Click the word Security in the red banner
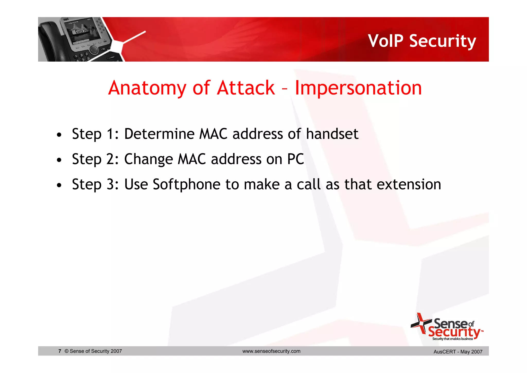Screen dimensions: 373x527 coord(442,41)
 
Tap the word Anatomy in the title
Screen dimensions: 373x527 coord(147,88)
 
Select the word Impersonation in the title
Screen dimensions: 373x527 coord(358,88)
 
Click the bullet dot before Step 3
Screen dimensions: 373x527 coord(59,185)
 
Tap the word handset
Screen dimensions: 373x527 coord(332,134)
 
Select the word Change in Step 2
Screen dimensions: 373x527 coord(148,159)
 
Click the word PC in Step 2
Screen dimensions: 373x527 coord(295,159)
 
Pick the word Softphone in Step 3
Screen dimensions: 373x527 coord(187,184)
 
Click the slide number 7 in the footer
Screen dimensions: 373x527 coord(60,351)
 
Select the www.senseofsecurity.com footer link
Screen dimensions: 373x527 coord(271,351)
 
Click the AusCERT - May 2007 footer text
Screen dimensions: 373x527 coord(458,352)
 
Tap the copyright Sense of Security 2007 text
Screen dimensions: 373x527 coord(93,351)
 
